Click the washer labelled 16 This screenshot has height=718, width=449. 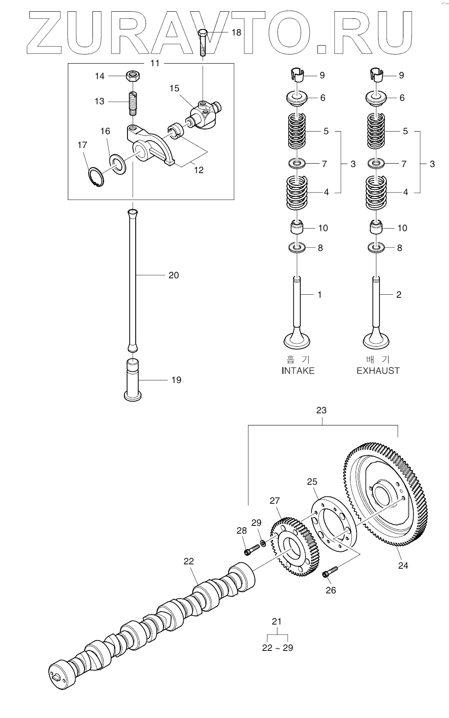(117, 163)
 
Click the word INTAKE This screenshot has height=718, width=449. (298, 370)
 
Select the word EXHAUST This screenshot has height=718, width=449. (378, 370)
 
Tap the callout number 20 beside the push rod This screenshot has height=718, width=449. (173, 275)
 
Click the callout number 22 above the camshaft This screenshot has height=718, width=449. (188, 561)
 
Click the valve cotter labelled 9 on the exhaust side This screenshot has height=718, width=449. (377, 75)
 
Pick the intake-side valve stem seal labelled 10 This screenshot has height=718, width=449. (297, 228)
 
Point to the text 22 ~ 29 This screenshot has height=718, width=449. (277, 647)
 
